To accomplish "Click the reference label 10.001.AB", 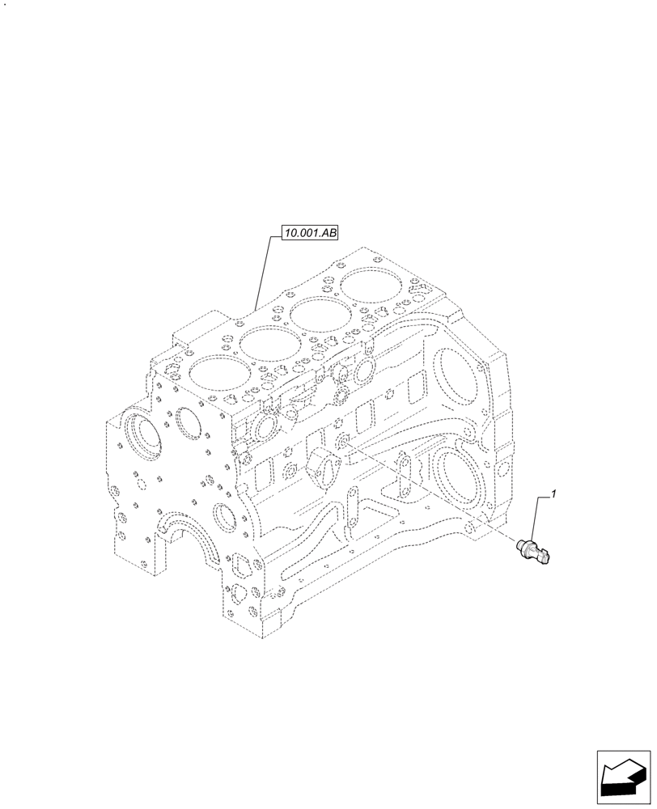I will [x=310, y=234].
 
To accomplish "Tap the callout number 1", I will [x=553, y=493].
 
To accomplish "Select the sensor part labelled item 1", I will [x=533, y=553].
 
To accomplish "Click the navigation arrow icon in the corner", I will [x=623, y=777].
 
